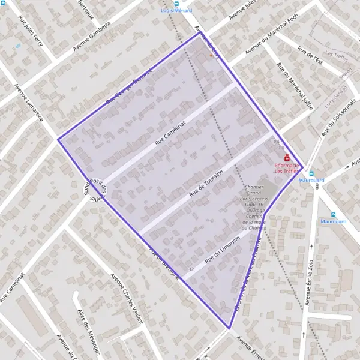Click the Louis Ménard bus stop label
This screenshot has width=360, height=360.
176,10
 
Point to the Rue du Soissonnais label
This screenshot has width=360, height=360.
339,116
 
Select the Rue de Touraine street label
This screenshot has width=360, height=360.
206,184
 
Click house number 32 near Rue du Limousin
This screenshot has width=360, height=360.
191,269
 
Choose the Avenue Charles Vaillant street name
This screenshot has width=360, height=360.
127,298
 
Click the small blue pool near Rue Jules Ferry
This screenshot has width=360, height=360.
17,46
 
